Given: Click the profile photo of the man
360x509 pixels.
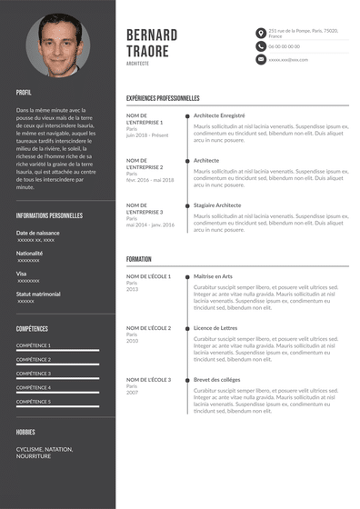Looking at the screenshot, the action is [x=58, y=45].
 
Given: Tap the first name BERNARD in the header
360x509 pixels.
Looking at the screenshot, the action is [x=153, y=35].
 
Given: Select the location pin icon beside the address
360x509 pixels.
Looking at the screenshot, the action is [x=260, y=32].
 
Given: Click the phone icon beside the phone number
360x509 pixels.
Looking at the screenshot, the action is [x=260, y=45].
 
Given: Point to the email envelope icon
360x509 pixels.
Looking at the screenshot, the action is [x=260, y=59].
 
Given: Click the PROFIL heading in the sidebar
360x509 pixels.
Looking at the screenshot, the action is [x=24, y=93].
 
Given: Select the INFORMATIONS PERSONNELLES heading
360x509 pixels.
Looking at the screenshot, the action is [x=49, y=215].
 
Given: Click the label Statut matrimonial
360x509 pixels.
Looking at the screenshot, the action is [x=38, y=294].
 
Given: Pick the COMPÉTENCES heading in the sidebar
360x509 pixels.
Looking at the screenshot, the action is [x=32, y=328].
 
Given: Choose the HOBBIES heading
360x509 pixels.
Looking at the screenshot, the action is [x=25, y=432].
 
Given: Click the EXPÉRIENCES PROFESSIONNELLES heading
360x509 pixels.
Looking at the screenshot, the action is [x=163, y=98].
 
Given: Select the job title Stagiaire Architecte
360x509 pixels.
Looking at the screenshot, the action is [x=217, y=205].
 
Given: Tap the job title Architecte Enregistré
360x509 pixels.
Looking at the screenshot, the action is [x=219, y=115].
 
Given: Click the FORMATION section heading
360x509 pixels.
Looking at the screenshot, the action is [x=139, y=259].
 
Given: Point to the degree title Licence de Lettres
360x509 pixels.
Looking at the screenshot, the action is [x=215, y=328].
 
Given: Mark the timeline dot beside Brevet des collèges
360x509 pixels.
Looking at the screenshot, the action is [x=187, y=380].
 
